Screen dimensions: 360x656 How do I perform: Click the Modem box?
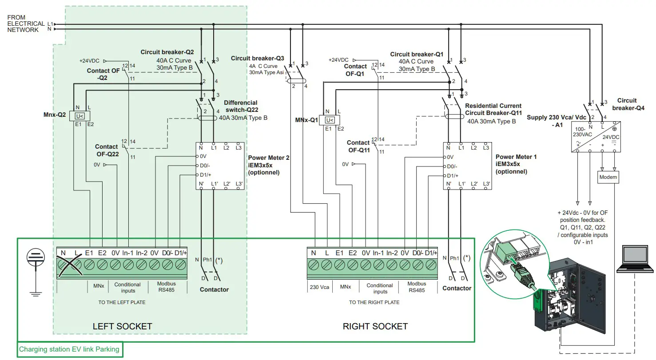[x=608, y=177]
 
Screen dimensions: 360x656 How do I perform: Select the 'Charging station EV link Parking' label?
[x=69, y=349]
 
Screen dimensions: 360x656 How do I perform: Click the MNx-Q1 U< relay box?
[x=330, y=120]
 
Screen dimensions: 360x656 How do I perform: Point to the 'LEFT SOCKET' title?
[x=122, y=326]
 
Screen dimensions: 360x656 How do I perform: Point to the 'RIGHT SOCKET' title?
[x=375, y=326]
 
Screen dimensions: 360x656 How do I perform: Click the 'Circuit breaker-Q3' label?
[x=257, y=58]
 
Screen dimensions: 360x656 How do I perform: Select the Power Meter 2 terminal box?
[x=220, y=166]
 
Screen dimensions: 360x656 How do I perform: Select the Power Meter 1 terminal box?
[x=468, y=166]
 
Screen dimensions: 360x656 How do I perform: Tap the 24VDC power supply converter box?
[x=595, y=137]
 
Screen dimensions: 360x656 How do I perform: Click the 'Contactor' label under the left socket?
[x=214, y=289]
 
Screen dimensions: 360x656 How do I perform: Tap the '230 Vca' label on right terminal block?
[x=319, y=287]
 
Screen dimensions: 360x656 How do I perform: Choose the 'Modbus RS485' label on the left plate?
[x=167, y=287]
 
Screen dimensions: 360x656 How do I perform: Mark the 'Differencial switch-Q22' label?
[x=241, y=106]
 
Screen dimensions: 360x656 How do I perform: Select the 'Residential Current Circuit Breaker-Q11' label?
[x=493, y=110]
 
